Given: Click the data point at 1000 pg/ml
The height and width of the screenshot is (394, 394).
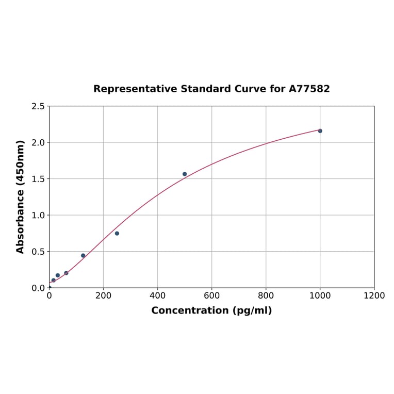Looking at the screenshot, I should tap(320, 131).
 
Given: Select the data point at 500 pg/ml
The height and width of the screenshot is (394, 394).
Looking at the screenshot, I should tap(185, 174).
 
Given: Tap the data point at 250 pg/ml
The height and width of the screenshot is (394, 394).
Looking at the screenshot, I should tap(117, 234).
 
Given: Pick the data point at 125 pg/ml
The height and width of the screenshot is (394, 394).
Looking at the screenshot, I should tap(83, 256).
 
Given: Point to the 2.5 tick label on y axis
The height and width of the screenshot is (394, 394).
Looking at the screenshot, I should tap(38, 106).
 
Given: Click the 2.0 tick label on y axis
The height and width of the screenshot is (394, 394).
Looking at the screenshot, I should tap(38, 142).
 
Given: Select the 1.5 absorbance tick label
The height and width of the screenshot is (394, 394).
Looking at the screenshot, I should tap(38, 179).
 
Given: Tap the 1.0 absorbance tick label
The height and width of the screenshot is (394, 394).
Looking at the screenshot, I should tap(38, 215).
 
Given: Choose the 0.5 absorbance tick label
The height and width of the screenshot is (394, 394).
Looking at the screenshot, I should tap(38, 252).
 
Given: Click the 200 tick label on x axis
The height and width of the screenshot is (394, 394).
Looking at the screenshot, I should tap(103, 296).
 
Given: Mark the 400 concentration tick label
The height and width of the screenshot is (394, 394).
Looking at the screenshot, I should tap(157, 296).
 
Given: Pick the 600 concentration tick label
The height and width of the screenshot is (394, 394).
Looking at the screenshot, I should tap(211, 296).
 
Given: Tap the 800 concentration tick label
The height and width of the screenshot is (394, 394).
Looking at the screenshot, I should tap(266, 296).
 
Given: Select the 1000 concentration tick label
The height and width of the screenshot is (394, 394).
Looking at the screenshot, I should tap(320, 296).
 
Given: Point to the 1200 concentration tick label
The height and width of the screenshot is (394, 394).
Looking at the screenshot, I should tap(374, 296).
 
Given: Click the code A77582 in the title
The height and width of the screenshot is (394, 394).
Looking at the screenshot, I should tap(309, 89).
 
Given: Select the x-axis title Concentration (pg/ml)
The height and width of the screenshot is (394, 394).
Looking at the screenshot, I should tap(211, 310).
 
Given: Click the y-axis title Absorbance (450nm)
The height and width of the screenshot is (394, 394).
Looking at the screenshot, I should tap(21, 196).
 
